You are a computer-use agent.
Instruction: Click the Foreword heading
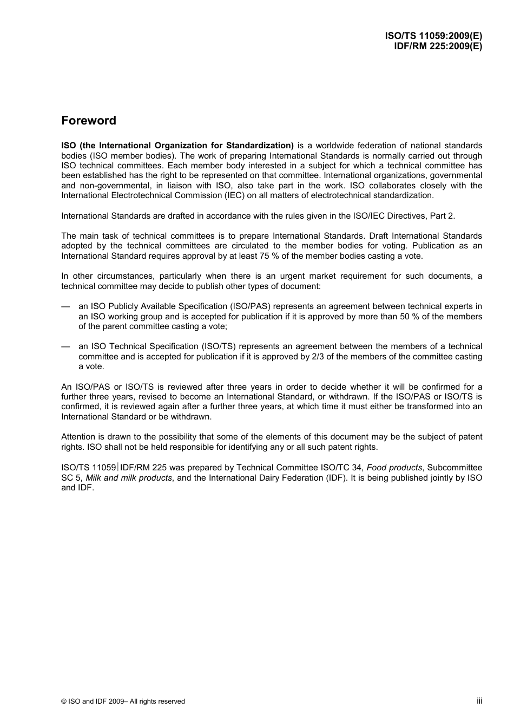pyautogui.click(x=89, y=121)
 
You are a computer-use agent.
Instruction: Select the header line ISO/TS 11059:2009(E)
pyautogui.click(x=433, y=36)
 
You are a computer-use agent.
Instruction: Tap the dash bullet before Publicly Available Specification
pyautogui.click(x=65, y=306)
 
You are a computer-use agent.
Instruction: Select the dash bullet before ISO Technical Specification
pyautogui.click(x=65, y=346)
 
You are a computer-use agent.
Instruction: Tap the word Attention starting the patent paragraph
pyautogui.click(x=78, y=437)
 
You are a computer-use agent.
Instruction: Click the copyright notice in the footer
pyautogui.click(x=123, y=701)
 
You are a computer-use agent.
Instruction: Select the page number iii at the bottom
pyautogui.click(x=479, y=701)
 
